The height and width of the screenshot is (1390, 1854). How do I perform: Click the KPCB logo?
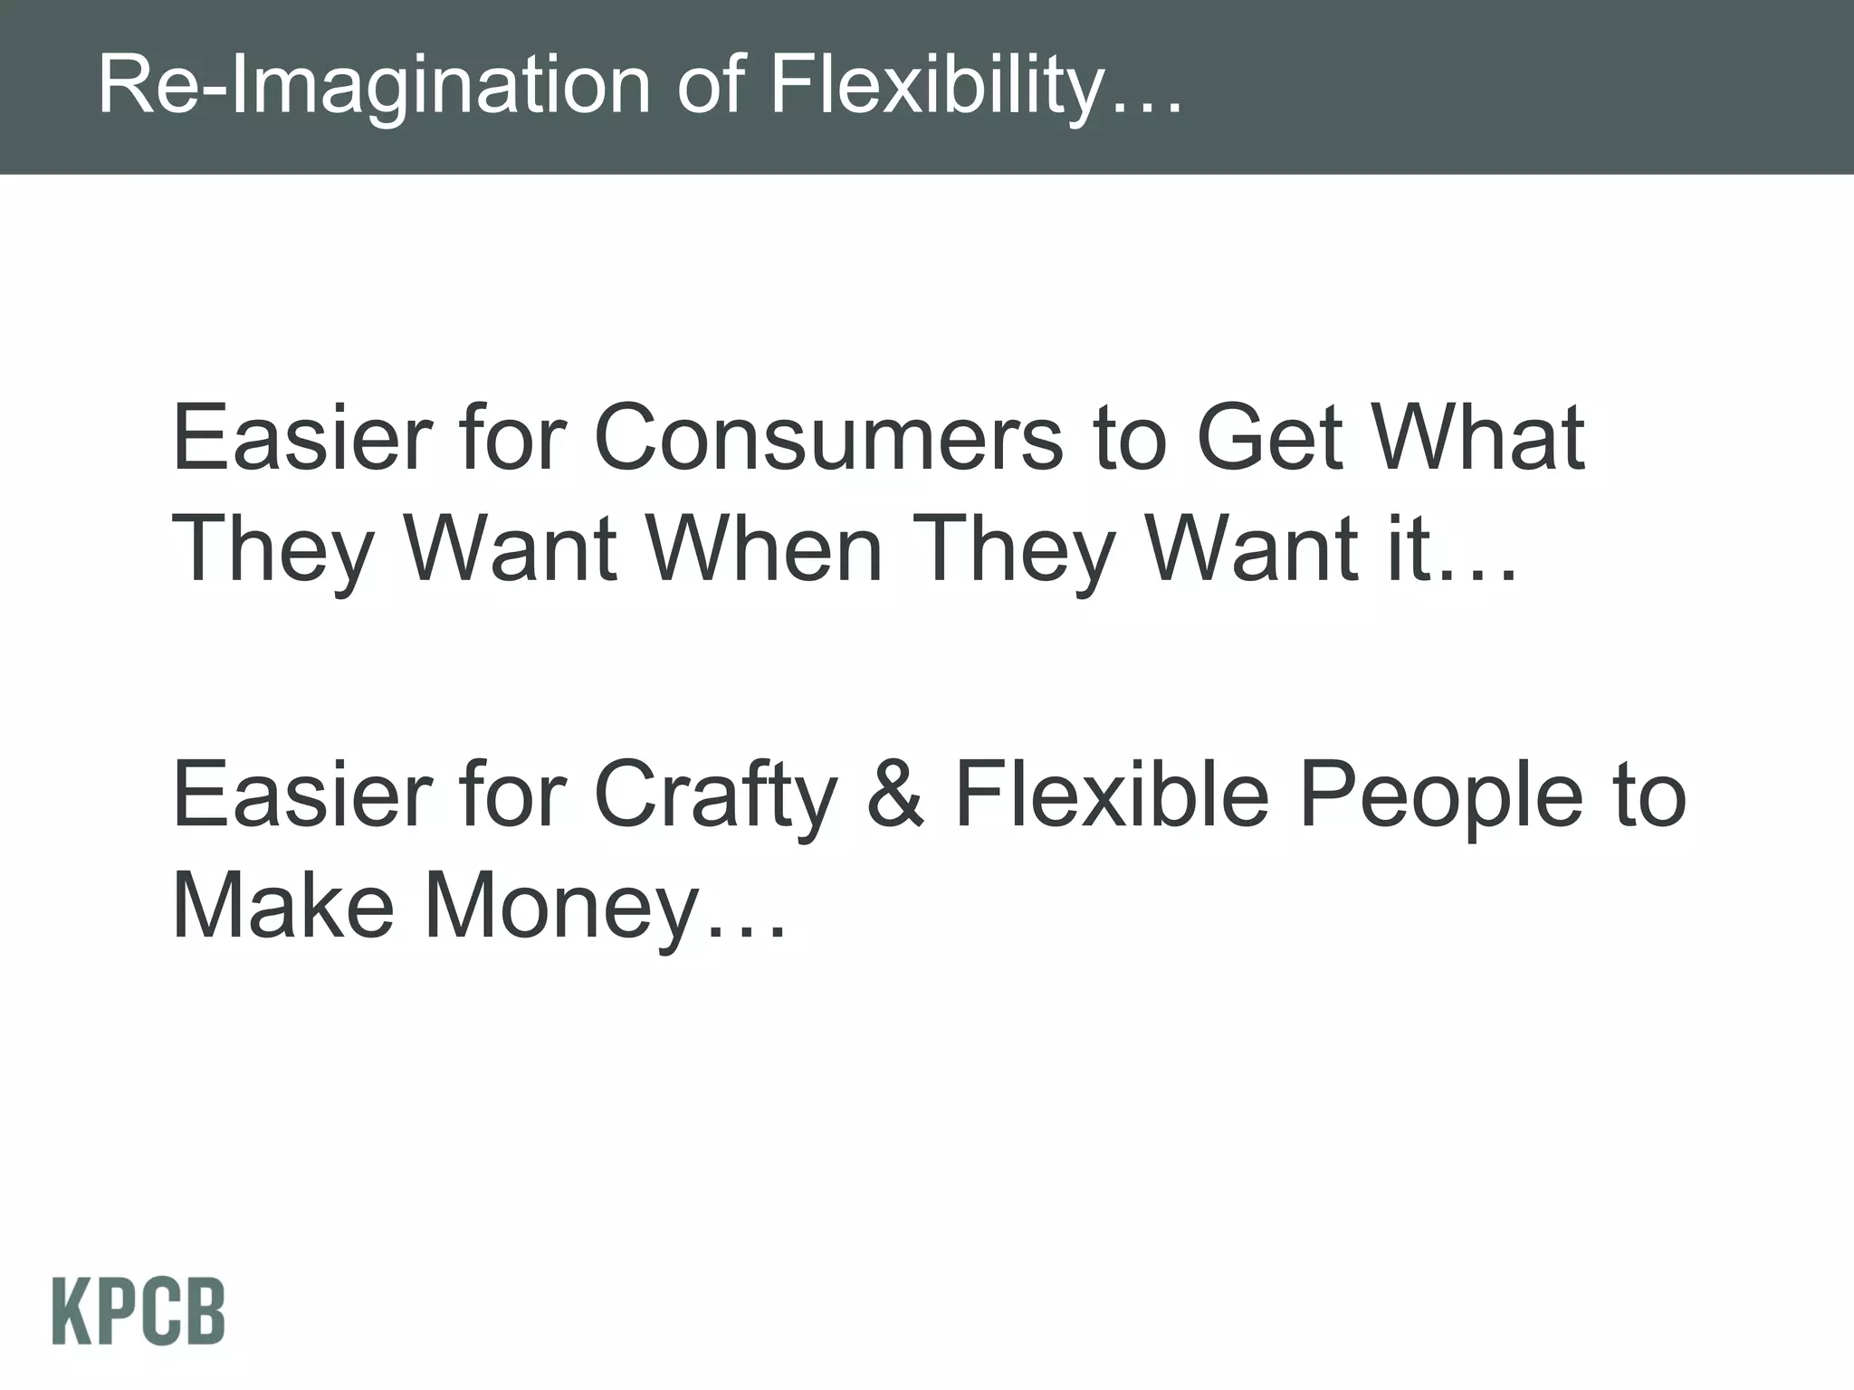139,1312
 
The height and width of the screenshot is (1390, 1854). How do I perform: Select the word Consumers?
828,438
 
